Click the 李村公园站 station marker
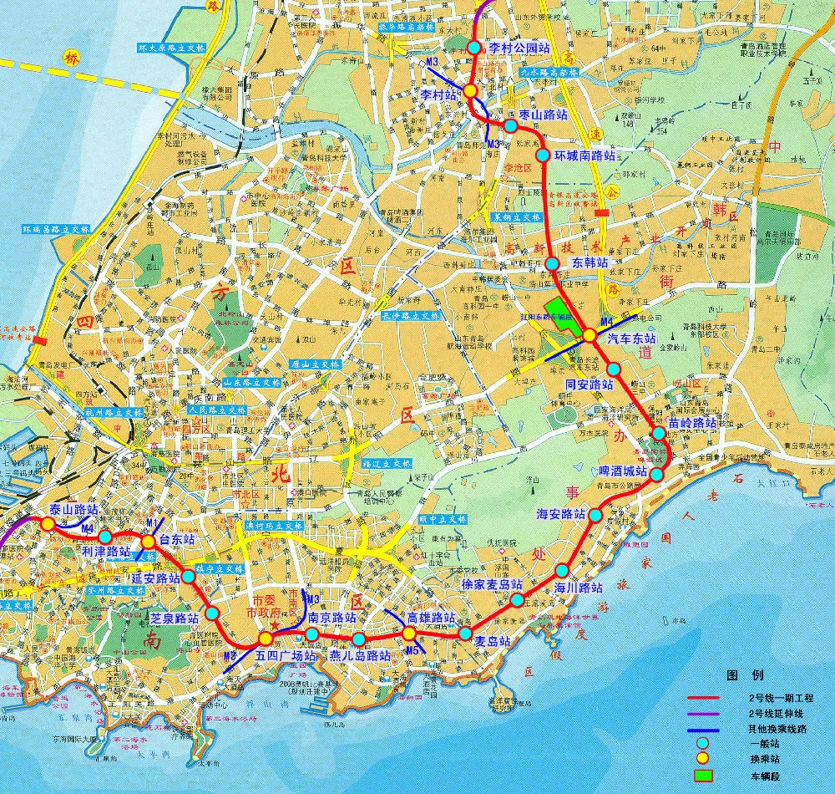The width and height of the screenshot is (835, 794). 474,48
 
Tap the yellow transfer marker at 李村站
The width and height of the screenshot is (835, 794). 471,90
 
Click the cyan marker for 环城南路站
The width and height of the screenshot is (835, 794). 543,155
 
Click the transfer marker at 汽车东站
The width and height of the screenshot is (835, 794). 590,335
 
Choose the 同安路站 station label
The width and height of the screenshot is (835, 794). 590,384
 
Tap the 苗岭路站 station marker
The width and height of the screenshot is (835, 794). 658,433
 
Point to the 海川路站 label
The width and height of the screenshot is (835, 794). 579,588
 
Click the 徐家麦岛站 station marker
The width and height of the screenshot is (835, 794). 518,600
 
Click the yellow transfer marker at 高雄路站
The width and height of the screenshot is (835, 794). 409,633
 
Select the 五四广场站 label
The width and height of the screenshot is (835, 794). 286,656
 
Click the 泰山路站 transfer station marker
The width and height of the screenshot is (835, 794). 48,523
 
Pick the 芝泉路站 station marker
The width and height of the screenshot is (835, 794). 212,613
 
